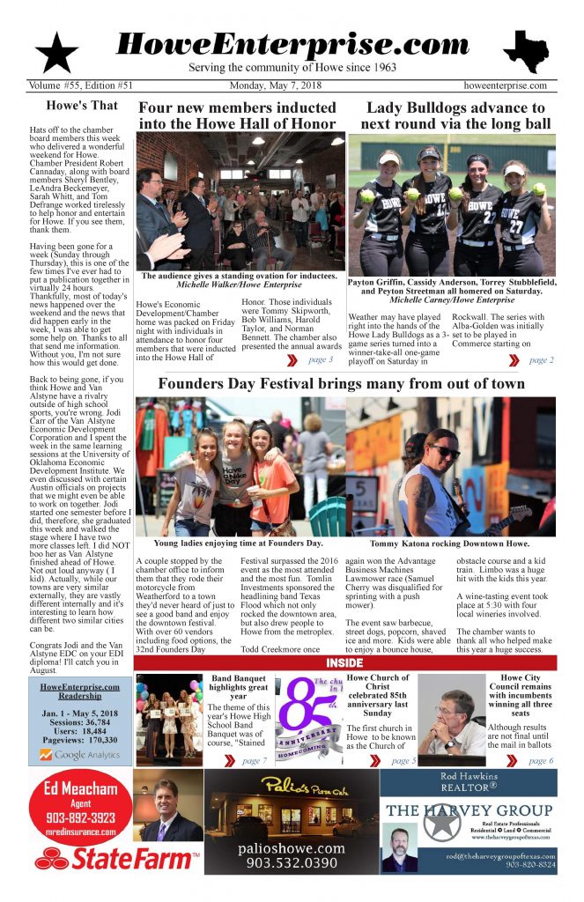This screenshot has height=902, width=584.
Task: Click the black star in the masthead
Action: (57, 52)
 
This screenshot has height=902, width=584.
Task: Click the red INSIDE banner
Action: (344, 662)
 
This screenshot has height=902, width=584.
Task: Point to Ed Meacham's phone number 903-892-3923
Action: (80, 817)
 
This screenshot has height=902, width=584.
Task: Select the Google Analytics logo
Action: (80, 754)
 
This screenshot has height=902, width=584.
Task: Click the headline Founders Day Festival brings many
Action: (341, 384)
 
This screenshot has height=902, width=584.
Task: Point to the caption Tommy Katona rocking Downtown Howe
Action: (450, 543)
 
